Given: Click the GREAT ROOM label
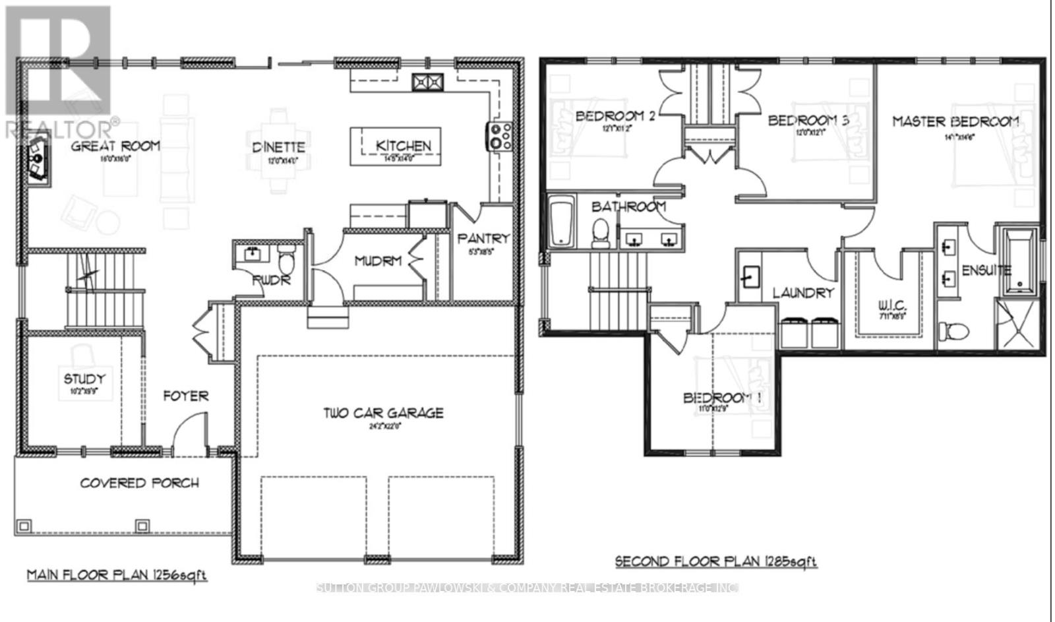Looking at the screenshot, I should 115,146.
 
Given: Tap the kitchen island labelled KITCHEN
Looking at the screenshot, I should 396,146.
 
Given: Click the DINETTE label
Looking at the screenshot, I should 278,147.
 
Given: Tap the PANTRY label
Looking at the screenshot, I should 483,238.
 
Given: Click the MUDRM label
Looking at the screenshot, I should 378,261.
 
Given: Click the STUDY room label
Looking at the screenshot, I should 84,379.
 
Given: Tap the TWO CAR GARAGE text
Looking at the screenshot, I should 383,413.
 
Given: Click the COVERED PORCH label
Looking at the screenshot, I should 139,483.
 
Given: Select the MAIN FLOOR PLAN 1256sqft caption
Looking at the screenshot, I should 117,575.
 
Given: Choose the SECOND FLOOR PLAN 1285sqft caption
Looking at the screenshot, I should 715,561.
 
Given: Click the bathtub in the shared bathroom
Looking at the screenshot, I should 562,223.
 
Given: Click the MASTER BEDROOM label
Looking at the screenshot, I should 955,121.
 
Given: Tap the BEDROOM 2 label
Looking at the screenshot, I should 615,116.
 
